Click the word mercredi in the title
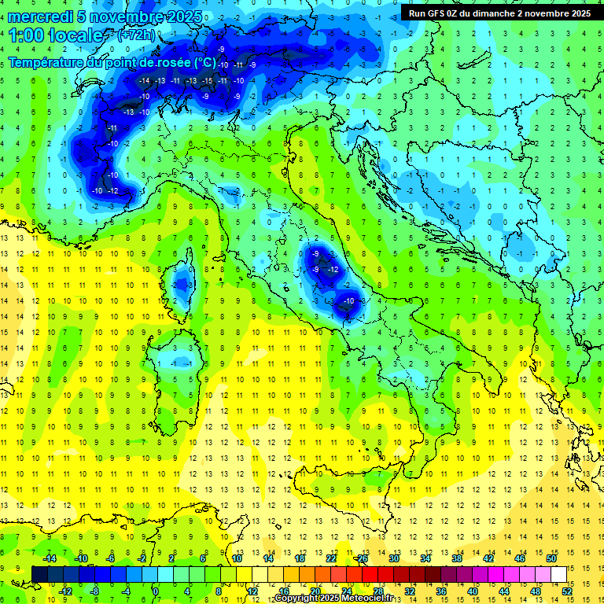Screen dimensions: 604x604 click(x=42, y=17)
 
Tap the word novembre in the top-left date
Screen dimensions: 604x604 click(x=129, y=17)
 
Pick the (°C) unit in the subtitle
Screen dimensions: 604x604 click(x=204, y=62)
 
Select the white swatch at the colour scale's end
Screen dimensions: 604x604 click(x=558, y=574)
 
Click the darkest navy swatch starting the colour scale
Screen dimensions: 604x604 click(x=39, y=574)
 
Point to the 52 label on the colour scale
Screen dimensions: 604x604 click(x=566, y=591)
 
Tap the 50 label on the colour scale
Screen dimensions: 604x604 click(x=551, y=558)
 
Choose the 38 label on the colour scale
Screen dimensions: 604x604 click(x=456, y=558)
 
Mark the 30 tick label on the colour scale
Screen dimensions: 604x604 click(x=393, y=558)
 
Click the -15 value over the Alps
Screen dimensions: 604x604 click(x=207, y=81)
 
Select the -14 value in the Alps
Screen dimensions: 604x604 click(x=144, y=81)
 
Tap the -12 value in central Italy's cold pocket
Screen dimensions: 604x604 click(x=333, y=270)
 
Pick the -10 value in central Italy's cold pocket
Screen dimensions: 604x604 click(x=348, y=301)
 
